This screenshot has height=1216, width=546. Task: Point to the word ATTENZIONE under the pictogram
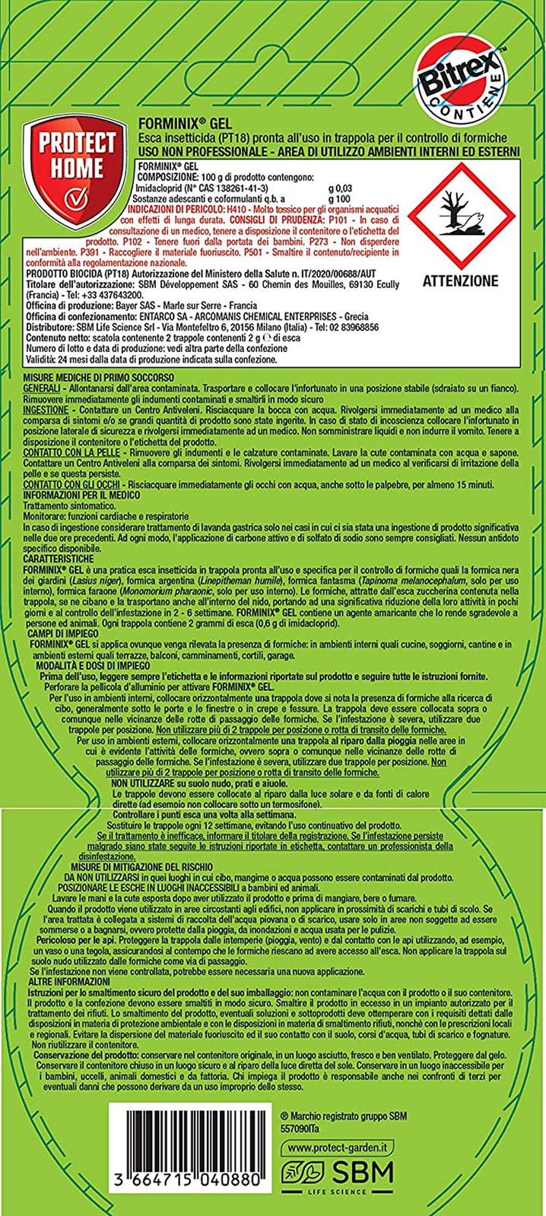[460, 280]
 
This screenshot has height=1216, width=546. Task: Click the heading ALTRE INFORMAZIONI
[68, 982]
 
